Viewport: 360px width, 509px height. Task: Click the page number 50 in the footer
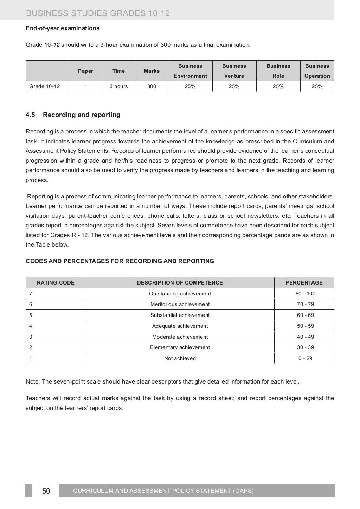click(46, 491)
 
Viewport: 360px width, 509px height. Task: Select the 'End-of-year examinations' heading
click(63, 28)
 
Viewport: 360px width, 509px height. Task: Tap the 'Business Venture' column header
click(234, 71)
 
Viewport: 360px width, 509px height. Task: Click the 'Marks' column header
click(152, 71)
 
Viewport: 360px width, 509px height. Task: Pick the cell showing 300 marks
click(152, 86)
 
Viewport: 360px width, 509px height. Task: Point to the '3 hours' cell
click(118, 86)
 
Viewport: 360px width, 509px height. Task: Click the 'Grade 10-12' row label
click(45, 86)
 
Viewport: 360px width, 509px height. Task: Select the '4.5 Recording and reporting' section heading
click(73, 115)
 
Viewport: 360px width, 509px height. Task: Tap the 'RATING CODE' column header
click(56, 282)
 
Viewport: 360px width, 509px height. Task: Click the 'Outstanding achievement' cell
click(180, 294)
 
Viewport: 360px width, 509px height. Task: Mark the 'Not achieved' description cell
click(180, 358)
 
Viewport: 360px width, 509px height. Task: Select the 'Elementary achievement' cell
click(180, 347)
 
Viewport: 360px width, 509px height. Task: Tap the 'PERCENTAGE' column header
click(304, 282)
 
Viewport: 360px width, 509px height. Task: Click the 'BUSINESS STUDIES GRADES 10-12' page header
click(98, 13)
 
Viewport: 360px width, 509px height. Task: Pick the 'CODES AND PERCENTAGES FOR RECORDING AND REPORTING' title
click(120, 261)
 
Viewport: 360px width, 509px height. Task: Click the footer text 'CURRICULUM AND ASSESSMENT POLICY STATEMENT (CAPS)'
click(163, 491)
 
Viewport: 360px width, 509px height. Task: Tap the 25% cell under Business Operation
click(317, 86)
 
